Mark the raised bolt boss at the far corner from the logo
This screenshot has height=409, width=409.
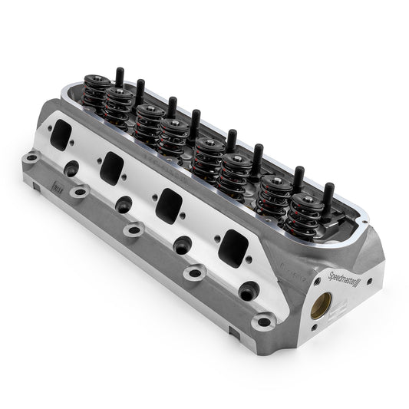(31, 158)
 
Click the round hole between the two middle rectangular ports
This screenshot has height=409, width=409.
(124, 203)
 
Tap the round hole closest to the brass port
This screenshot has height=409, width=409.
(246, 291)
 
